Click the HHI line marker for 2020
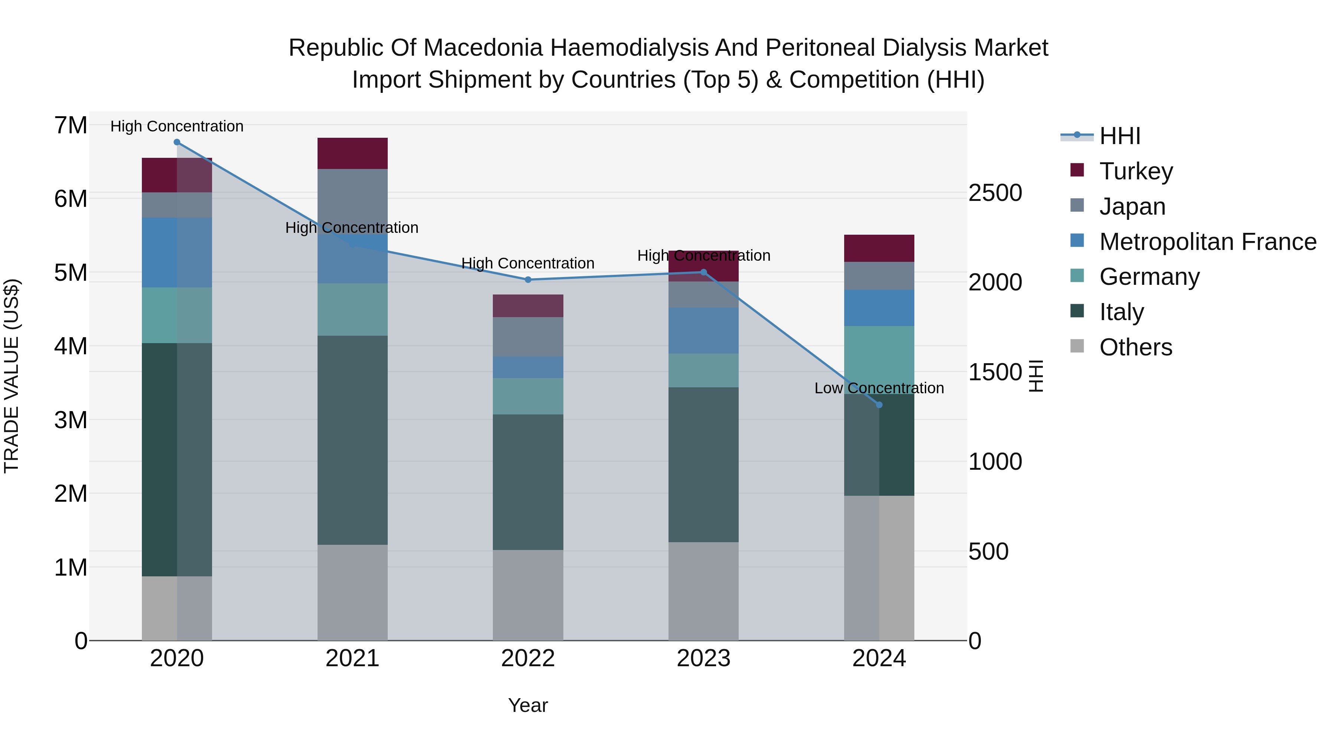pyautogui.click(x=177, y=142)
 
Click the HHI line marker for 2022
pyautogui.click(x=528, y=280)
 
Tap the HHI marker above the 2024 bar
pyautogui.click(x=879, y=405)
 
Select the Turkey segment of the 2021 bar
pyautogui.click(x=352, y=154)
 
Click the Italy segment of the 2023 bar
pyautogui.click(x=703, y=465)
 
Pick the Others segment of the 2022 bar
pyautogui.click(x=528, y=595)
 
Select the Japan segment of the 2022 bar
pyautogui.click(x=528, y=337)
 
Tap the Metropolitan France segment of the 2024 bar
pyautogui.click(x=879, y=308)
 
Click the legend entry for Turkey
pyautogui.click(x=1136, y=171)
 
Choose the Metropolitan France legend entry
pyautogui.click(x=1207, y=242)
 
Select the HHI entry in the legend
pyautogui.click(x=1119, y=136)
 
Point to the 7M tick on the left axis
pyautogui.click(x=71, y=126)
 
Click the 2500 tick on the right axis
pyautogui.click(x=995, y=193)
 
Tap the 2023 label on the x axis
pyautogui.click(x=703, y=658)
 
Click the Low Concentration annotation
pyautogui.click(x=879, y=388)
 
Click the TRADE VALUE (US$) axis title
pyautogui.click(x=12, y=376)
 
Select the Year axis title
pyautogui.click(x=528, y=705)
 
